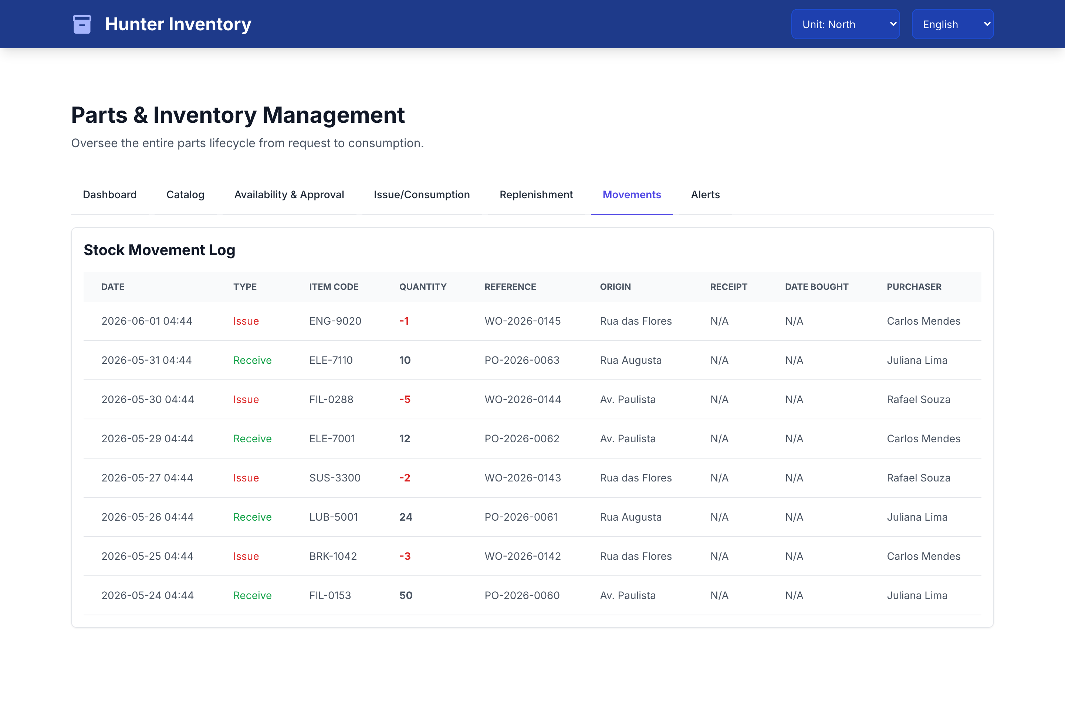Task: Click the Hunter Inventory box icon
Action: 82,24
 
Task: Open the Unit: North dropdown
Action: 845,24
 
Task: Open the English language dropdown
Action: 952,24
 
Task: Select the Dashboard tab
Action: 109,195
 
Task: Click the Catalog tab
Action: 185,195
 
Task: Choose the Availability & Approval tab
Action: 289,195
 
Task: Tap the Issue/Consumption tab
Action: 422,195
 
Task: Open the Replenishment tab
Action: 536,195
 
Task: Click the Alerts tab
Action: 705,195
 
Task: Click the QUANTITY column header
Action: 422,287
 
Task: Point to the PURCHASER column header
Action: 914,287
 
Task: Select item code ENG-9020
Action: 335,321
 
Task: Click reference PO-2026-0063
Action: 522,361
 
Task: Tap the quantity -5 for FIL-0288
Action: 405,399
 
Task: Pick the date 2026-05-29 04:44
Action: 147,439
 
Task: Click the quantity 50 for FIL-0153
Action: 406,595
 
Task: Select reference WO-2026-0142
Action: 523,556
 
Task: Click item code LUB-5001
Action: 333,517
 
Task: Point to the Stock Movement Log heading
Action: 159,250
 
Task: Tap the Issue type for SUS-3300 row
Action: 246,478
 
